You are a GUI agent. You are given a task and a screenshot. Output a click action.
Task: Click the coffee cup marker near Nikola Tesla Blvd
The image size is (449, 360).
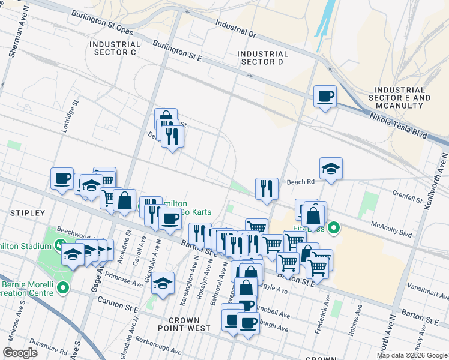[325, 97]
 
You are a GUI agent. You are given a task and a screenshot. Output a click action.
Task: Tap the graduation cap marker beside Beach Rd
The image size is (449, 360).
[331, 169]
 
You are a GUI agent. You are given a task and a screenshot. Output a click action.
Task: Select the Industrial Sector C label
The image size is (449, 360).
[113, 48]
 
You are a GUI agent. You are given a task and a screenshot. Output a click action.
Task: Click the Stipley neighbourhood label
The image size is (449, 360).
[28, 213]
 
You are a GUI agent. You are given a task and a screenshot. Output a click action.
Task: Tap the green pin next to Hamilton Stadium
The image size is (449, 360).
[59, 245]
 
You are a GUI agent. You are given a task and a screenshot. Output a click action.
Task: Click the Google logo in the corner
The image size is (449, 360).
[20, 352]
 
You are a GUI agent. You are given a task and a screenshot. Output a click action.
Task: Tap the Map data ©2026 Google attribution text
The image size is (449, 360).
[412, 355]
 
